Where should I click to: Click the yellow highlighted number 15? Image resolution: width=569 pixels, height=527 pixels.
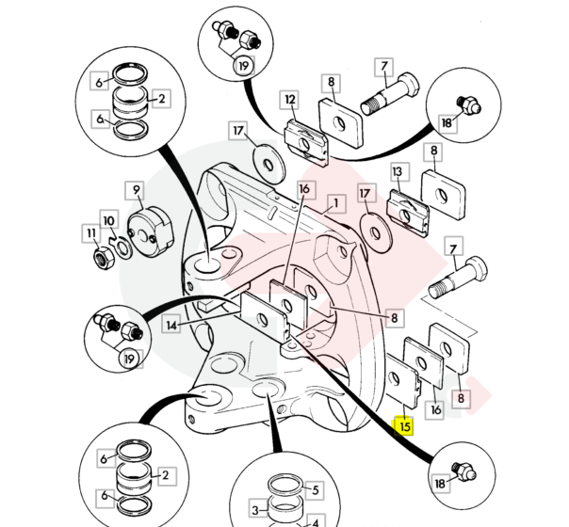[405, 425]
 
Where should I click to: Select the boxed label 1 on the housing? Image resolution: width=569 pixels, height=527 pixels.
[334, 202]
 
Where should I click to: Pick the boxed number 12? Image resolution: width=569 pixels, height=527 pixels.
[290, 98]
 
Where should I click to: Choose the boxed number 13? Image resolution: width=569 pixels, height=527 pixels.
[398, 171]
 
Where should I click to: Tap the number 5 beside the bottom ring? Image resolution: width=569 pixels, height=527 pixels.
[316, 490]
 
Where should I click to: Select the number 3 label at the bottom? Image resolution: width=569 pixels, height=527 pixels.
[253, 509]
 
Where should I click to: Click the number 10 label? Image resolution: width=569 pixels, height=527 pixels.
[109, 222]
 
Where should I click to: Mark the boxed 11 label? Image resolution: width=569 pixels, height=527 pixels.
[90, 232]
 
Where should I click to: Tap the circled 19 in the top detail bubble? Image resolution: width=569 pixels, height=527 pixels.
[244, 66]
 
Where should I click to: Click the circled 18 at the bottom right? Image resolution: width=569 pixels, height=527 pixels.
[442, 483]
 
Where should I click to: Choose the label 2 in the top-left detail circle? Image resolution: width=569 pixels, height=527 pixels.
[162, 97]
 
